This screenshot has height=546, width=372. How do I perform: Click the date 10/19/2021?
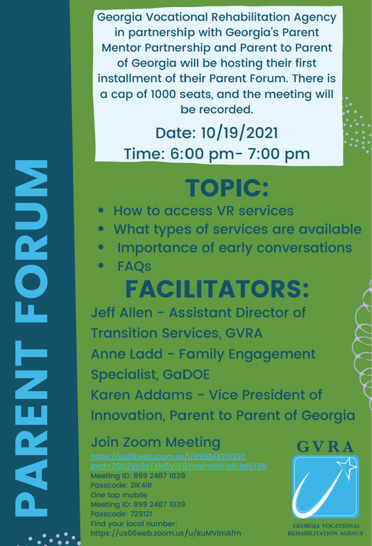click(x=240, y=133)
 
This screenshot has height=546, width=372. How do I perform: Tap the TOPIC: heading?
click(x=227, y=188)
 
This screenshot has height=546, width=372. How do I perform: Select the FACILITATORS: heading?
click(x=217, y=289)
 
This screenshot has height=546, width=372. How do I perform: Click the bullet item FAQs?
click(x=134, y=266)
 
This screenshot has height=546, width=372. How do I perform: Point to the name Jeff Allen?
click(x=122, y=312)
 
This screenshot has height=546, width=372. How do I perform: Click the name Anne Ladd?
click(x=127, y=354)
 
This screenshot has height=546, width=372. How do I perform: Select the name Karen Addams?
click(x=142, y=395)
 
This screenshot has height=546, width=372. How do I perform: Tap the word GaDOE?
click(x=186, y=375)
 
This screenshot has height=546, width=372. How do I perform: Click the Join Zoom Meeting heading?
click(x=155, y=442)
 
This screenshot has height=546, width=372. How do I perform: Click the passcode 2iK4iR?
click(x=141, y=485)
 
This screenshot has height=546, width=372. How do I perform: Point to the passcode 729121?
click(x=141, y=514)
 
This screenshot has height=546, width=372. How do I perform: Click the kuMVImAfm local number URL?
click(x=166, y=533)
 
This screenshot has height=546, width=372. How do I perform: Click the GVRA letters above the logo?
click(x=325, y=447)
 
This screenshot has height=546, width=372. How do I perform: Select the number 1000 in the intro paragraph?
click(x=163, y=94)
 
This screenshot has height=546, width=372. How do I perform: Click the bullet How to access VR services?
click(x=203, y=211)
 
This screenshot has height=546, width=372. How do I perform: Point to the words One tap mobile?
click(x=119, y=495)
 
